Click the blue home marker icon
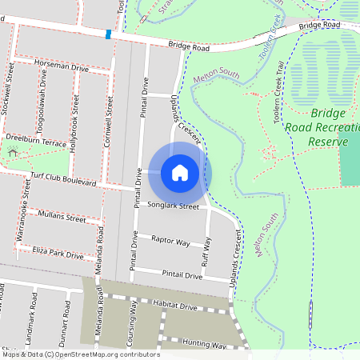180,172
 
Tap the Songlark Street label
172,206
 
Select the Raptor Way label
170,240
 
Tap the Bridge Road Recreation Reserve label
329,127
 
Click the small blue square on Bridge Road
108,34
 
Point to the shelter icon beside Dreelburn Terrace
12,151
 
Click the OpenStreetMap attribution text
80,354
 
